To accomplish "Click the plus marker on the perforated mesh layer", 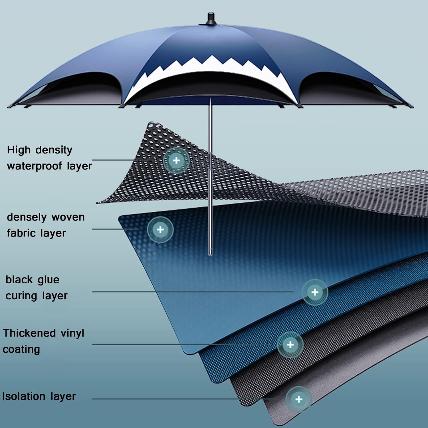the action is [176, 160].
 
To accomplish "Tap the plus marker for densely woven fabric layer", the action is [160, 229].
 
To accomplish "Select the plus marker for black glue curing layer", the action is [315, 292].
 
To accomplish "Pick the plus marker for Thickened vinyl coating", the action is [290, 345].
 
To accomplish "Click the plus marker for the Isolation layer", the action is [299, 399].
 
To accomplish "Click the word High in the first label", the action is [19, 150].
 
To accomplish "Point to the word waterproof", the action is [34, 166].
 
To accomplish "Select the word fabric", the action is [21, 233].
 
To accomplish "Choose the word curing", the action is [22, 296].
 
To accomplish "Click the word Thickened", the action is [29, 333].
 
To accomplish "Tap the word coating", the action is [21, 350].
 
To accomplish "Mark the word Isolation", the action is [24, 396].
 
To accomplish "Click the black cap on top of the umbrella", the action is [211, 19].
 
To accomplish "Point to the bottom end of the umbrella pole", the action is [211, 254].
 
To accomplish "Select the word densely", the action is [27, 217].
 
